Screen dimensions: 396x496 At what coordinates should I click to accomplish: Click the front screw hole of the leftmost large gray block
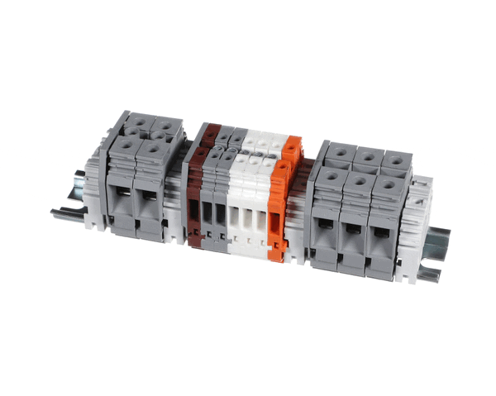tap(125, 147)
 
